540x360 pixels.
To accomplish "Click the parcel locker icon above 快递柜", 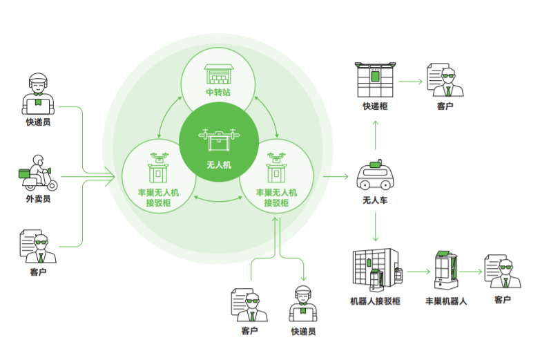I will point(376,80).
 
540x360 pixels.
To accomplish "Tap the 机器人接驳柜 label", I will point(375,302).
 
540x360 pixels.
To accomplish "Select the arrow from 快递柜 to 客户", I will point(411,82).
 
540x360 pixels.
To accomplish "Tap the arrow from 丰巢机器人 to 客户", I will point(470,272).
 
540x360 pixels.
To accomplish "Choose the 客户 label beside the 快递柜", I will point(445,106).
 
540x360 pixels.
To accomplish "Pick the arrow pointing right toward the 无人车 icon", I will point(336,176).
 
